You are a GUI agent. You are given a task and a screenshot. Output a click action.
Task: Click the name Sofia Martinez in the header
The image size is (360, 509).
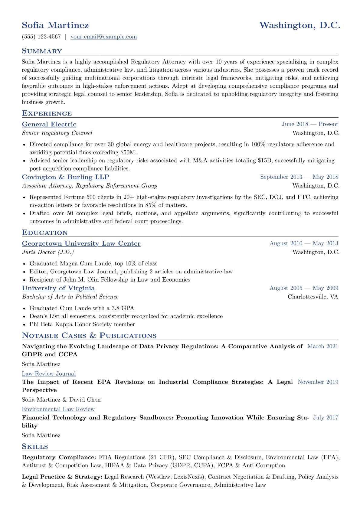[55, 25]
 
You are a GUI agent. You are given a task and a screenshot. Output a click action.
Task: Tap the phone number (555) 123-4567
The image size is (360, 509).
[41, 37]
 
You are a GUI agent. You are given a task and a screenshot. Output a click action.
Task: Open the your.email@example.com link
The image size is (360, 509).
[103, 37]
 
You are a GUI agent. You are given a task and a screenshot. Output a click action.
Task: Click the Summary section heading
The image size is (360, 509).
[42, 51]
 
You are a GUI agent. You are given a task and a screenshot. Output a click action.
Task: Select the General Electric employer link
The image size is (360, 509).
[49, 124]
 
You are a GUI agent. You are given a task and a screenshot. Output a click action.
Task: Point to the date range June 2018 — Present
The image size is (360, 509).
[310, 124]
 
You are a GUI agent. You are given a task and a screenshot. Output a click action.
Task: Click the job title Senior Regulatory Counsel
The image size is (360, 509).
[57, 133]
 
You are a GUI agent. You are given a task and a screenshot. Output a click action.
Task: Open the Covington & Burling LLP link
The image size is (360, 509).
[66, 177]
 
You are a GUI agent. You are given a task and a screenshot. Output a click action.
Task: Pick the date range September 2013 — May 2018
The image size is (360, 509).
[299, 177]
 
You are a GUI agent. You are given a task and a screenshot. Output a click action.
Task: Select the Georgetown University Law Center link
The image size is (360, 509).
[81, 243]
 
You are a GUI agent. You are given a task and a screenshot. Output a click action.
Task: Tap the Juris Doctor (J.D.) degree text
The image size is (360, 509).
[48, 252]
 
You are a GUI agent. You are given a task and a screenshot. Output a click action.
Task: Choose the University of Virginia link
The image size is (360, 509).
[58, 288]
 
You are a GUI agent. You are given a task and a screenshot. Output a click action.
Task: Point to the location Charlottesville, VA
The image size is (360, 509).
[313, 297]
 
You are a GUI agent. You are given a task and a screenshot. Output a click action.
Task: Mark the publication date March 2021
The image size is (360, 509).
[323, 346]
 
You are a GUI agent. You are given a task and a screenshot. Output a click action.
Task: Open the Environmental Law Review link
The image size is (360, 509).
[58, 409]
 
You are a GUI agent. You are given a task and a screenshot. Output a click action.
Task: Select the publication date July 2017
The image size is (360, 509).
[326, 418]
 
